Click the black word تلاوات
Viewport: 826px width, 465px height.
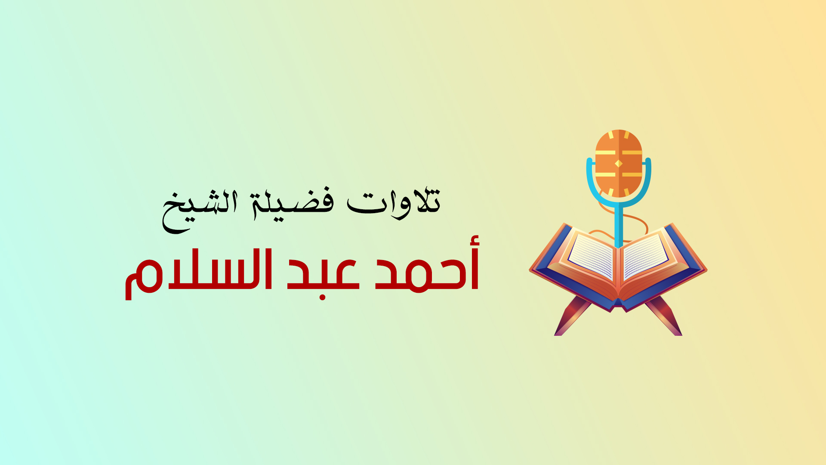[394, 203]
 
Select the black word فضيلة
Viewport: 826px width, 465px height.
[293, 205]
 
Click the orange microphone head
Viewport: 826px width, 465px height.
[619, 163]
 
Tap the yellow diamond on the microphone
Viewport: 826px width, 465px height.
[619, 164]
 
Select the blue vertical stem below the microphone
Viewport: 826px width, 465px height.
[619, 226]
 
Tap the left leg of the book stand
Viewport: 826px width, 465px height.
[572, 316]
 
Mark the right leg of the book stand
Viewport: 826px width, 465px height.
[664, 316]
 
